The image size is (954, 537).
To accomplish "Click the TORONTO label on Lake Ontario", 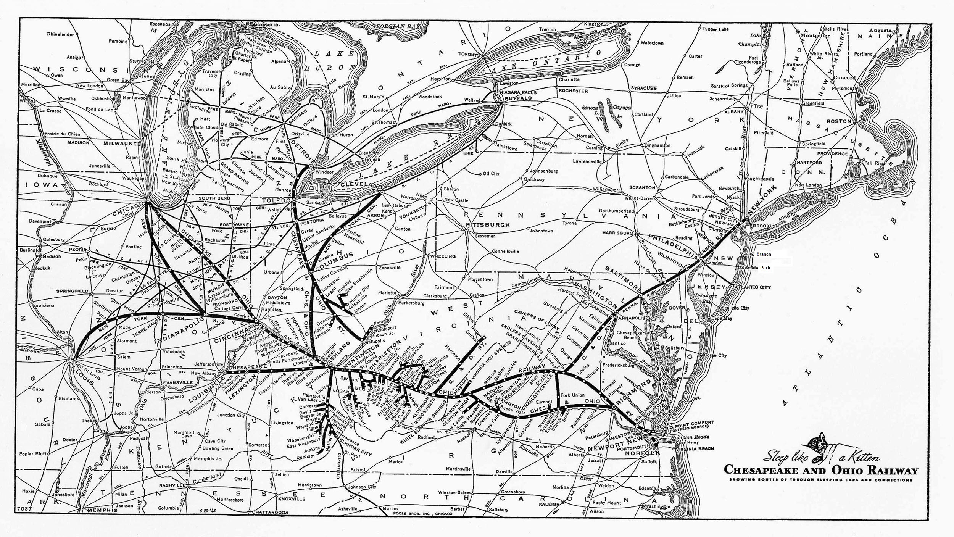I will [x=469, y=54].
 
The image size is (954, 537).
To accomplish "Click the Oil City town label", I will [x=491, y=174].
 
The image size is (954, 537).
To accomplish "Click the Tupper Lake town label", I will [x=716, y=29].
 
